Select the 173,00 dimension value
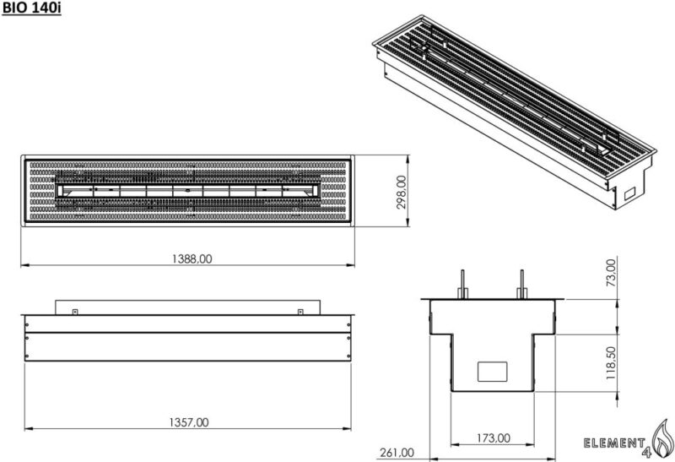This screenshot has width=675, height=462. pos(493,438)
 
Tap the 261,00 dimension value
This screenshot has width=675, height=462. pos(397,452)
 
